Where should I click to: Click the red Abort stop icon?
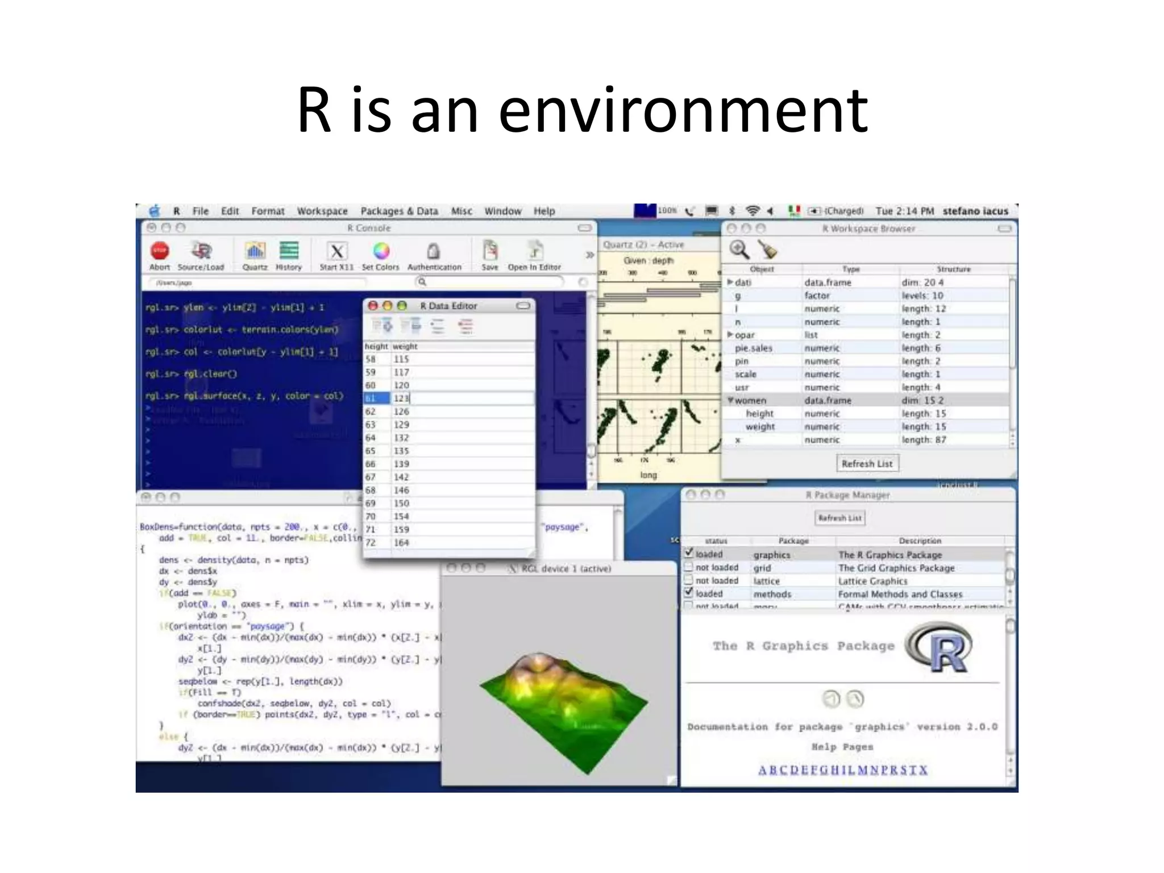point(160,251)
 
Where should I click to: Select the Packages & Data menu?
point(399,211)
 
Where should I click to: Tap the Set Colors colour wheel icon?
point(381,251)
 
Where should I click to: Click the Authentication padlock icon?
point(434,251)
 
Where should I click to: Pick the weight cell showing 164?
point(401,543)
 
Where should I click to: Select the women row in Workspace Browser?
point(750,401)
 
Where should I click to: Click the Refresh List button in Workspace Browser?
point(867,464)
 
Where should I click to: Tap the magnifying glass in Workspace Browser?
point(739,250)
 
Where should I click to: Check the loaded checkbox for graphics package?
point(689,552)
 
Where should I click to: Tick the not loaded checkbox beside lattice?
point(689,580)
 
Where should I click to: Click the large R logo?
point(941,648)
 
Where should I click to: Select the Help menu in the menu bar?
point(544,211)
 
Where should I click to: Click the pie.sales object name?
point(753,348)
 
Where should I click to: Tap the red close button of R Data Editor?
point(373,306)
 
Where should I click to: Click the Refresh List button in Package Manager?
point(839,518)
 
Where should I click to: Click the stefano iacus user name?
point(975,211)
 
